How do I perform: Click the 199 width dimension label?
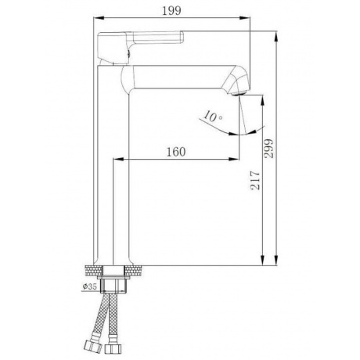pyautogui.click(x=171, y=11)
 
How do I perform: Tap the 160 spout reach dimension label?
pyautogui.click(x=176, y=152)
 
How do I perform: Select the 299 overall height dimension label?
pyautogui.click(x=268, y=149)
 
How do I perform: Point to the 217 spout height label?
pyautogui.click(x=255, y=180)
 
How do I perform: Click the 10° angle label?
pyautogui.click(x=213, y=117)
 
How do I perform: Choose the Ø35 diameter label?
pyautogui.click(x=90, y=286)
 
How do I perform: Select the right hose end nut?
pyautogui.click(x=112, y=348)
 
